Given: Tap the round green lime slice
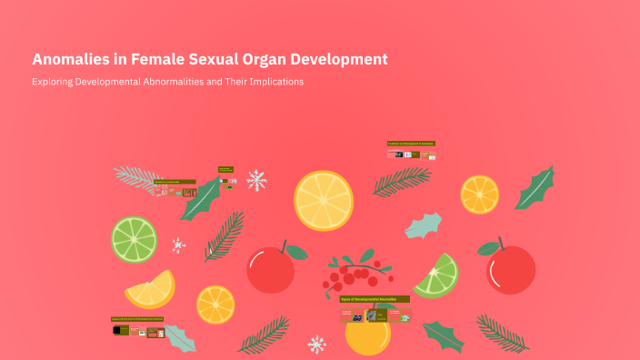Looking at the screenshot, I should pyautogui.click(x=134, y=239).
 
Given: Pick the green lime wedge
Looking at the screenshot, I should pyautogui.click(x=435, y=275).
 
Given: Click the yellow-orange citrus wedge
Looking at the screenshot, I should pyautogui.click(x=150, y=290).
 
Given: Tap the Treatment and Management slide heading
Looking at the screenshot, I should pyautogui.click(x=411, y=144).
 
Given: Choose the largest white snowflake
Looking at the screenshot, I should pyautogui.click(x=256, y=180).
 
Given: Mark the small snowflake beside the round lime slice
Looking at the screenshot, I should pyautogui.click(x=178, y=245).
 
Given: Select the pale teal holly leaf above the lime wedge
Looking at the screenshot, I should pyautogui.click(x=423, y=225).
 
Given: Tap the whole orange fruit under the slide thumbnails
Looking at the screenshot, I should pyautogui.click(x=367, y=337).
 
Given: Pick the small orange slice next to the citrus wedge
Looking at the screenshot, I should pyautogui.click(x=215, y=305).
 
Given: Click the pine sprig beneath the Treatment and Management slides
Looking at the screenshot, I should pyautogui.click(x=402, y=182).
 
